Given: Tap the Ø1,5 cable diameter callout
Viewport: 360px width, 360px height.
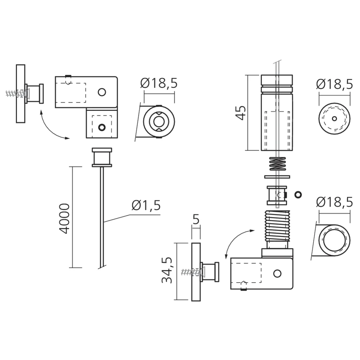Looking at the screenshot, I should (x=146, y=206).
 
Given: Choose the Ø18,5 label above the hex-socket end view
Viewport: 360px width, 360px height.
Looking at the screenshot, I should (x=159, y=83).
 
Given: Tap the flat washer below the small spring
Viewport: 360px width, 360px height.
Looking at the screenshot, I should (x=277, y=177).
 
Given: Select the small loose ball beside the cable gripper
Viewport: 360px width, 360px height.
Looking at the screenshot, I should (x=298, y=194).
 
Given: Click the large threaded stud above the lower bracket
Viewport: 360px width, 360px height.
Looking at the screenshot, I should (x=277, y=226).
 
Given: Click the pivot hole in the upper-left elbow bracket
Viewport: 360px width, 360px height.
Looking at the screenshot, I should (x=102, y=92).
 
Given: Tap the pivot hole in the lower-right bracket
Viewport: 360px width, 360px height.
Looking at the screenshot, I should (x=277, y=274).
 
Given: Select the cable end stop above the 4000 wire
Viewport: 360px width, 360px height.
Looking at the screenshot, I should (x=102, y=157).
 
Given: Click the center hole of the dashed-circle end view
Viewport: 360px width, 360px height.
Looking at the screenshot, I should (x=334, y=118).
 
